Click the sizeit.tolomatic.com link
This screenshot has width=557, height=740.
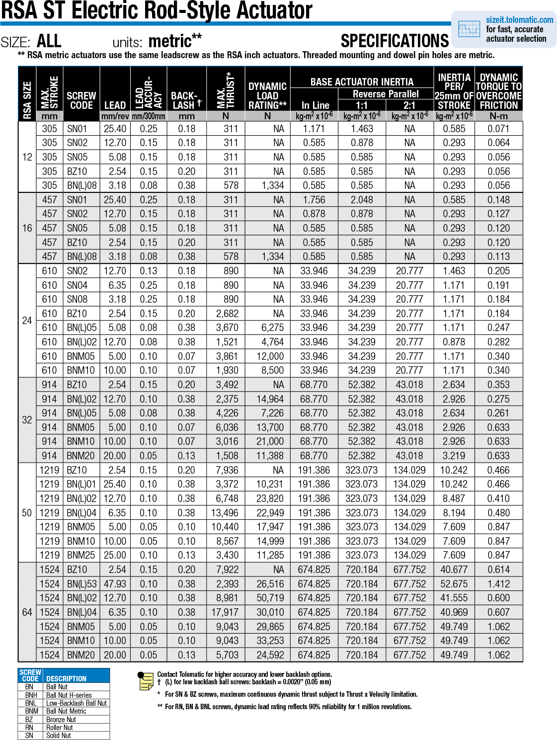(519, 20)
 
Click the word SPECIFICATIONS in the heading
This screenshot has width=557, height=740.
(395, 41)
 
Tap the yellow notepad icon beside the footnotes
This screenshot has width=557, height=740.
(146, 681)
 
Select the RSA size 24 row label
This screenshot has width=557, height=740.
(27, 321)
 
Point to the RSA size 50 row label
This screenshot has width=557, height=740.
(27, 513)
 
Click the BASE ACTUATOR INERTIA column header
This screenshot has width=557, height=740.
(362, 82)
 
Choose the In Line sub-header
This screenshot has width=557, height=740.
(315, 105)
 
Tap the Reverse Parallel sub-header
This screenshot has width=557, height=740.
(386, 94)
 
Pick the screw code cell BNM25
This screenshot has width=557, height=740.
(81, 555)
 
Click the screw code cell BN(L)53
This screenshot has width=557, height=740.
(81, 584)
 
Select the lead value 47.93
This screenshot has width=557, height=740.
(115, 584)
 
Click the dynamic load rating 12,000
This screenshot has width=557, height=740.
(270, 356)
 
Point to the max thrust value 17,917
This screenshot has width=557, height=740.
(225, 612)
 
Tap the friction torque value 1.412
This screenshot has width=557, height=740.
(498, 584)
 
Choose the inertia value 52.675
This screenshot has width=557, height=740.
(454, 584)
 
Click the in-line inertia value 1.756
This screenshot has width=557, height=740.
(314, 200)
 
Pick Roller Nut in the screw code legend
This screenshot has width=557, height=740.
(59, 728)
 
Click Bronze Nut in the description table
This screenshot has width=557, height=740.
(61, 720)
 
